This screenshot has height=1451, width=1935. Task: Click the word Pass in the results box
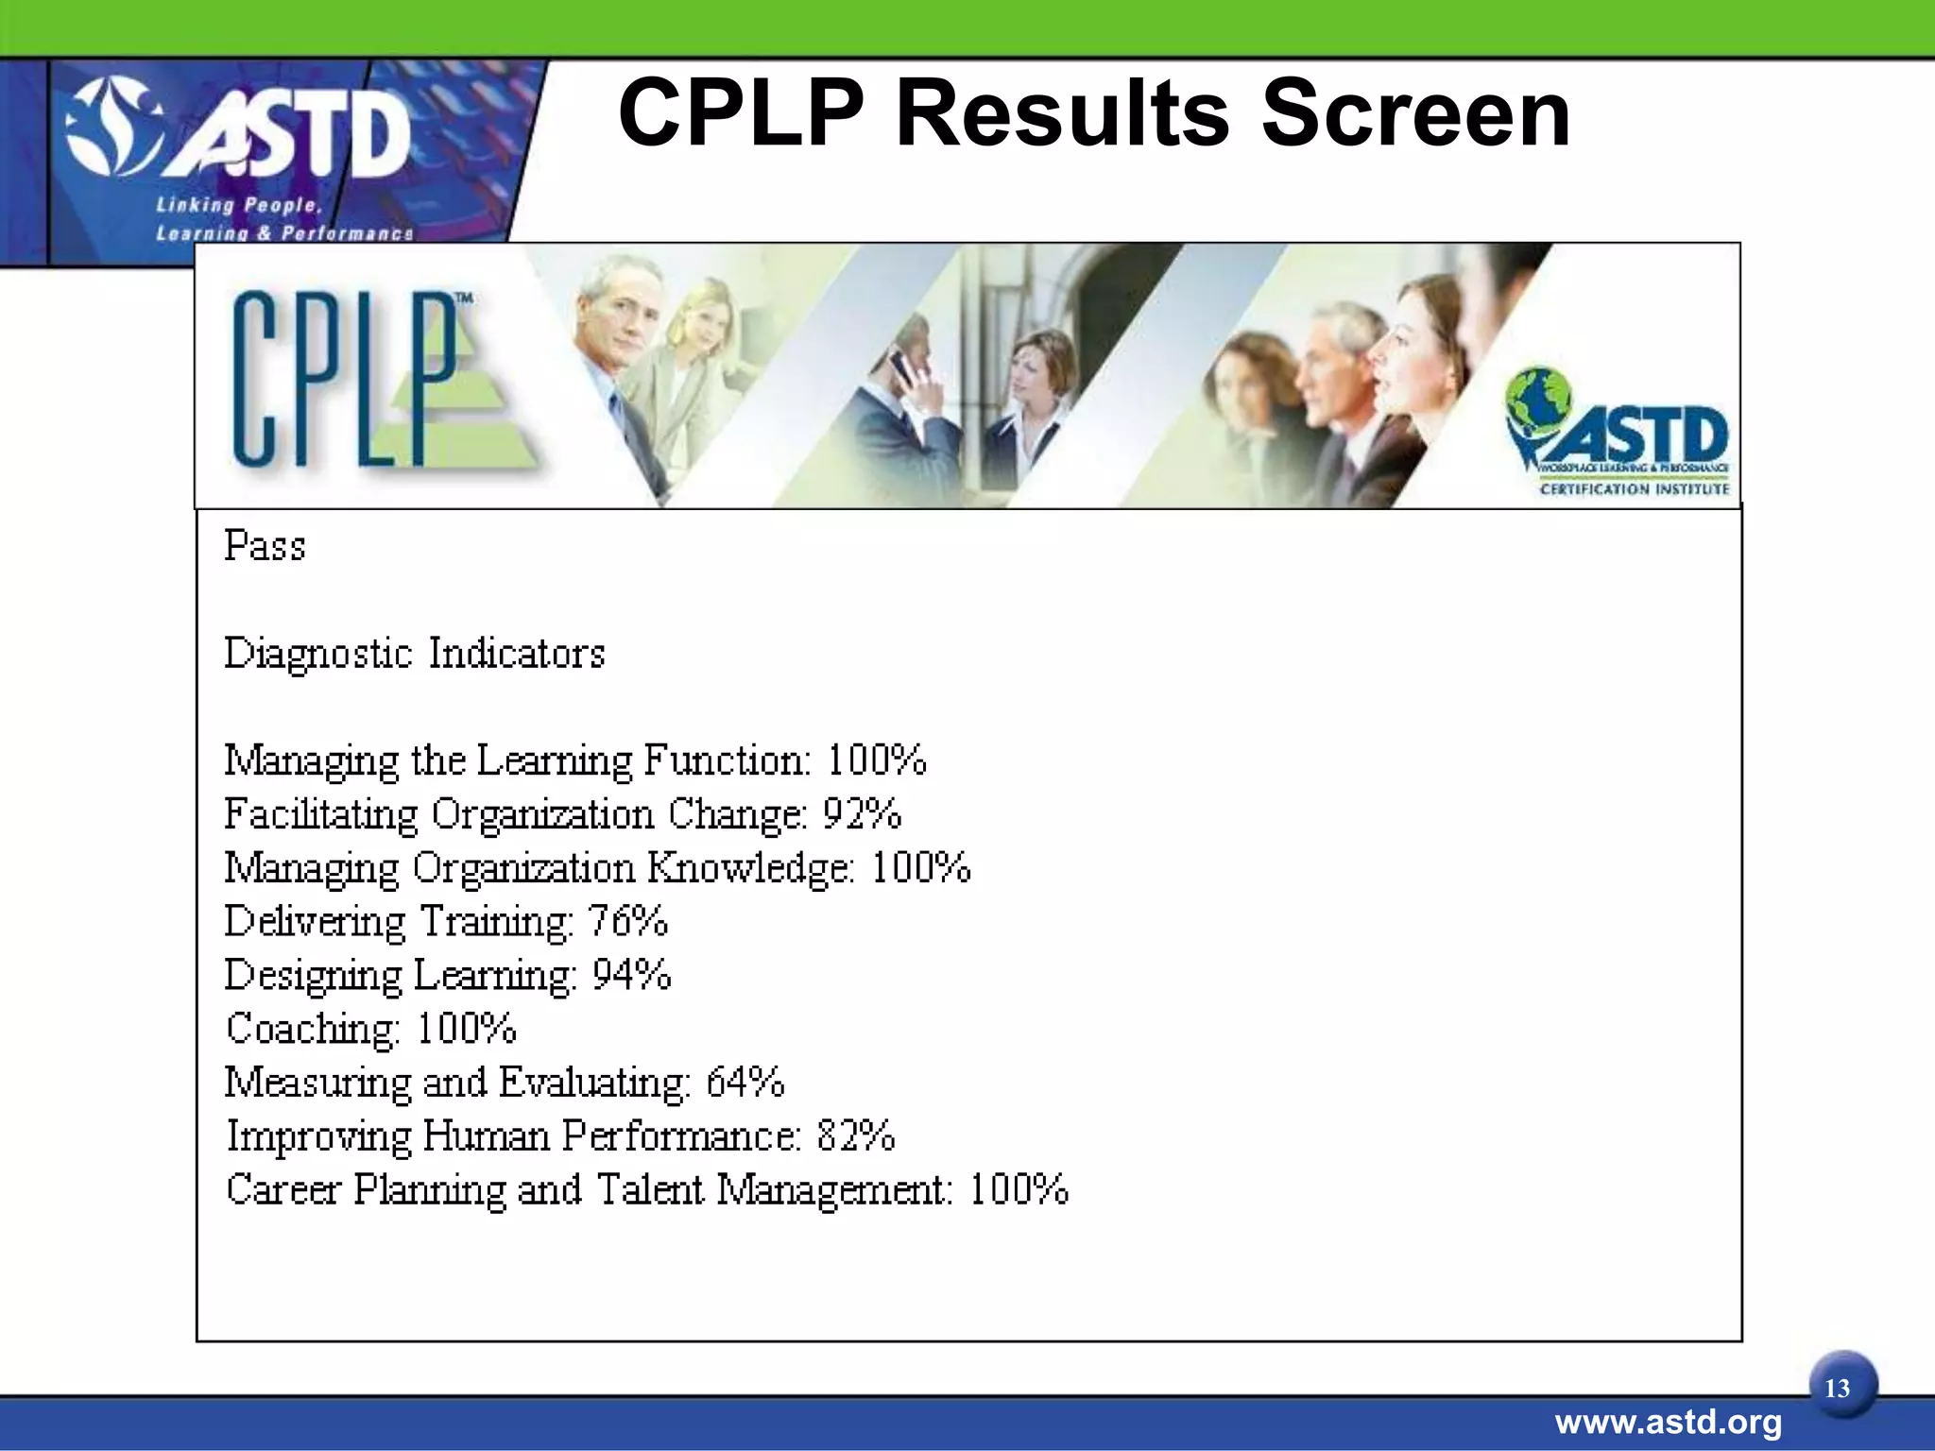tap(265, 546)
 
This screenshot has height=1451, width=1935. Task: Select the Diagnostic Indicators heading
tap(414, 654)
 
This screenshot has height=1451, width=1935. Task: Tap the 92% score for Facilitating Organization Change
tap(862, 814)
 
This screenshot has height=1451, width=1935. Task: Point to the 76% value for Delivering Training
tap(627, 921)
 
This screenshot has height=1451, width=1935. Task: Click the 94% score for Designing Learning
tap(631, 975)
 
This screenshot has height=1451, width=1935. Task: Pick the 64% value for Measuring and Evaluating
tap(745, 1083)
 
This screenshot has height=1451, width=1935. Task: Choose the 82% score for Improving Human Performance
tap(855, 1135)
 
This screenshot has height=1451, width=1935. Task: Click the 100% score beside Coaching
tap(466, 1029)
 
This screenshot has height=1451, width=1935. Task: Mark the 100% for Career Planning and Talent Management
tap(1019, 1189)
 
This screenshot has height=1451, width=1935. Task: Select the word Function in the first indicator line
tap(726, 760)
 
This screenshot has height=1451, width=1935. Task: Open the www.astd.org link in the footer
tap(1668, 1422)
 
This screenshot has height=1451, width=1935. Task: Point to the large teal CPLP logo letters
tap(345, 378)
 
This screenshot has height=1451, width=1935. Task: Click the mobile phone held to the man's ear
tap(902, 366)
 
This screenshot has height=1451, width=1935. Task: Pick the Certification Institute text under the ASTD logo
tap(1634, 489)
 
